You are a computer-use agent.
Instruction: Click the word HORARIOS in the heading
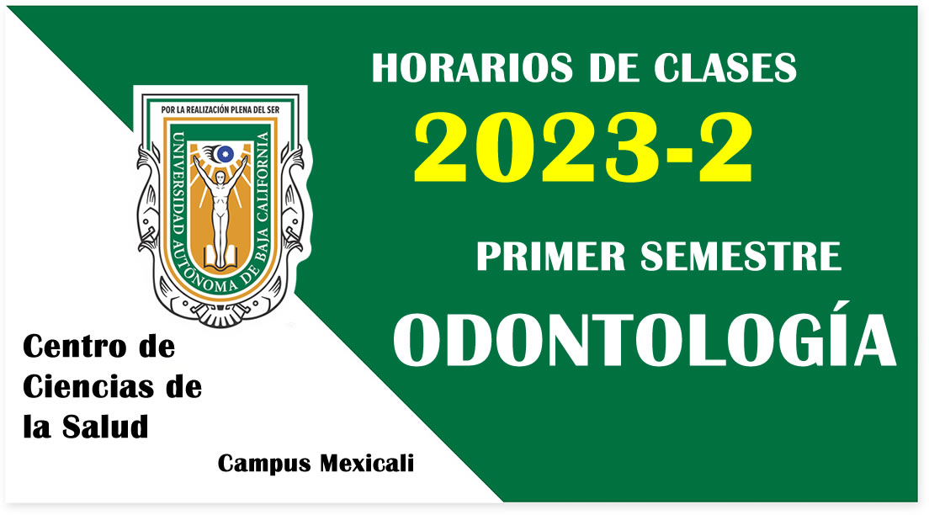point(472,67)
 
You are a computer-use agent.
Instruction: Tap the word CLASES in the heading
point(725,67)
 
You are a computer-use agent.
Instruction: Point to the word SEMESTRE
point(741,256)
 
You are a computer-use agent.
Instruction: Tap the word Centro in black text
point(74,347)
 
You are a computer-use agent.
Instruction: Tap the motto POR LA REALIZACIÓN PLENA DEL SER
point(220,109)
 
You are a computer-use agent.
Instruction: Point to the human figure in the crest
point(220,210)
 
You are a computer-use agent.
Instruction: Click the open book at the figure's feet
point(220,257)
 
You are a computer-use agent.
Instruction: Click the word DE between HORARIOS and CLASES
point(613,67)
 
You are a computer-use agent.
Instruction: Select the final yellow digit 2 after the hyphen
point(725,147)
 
